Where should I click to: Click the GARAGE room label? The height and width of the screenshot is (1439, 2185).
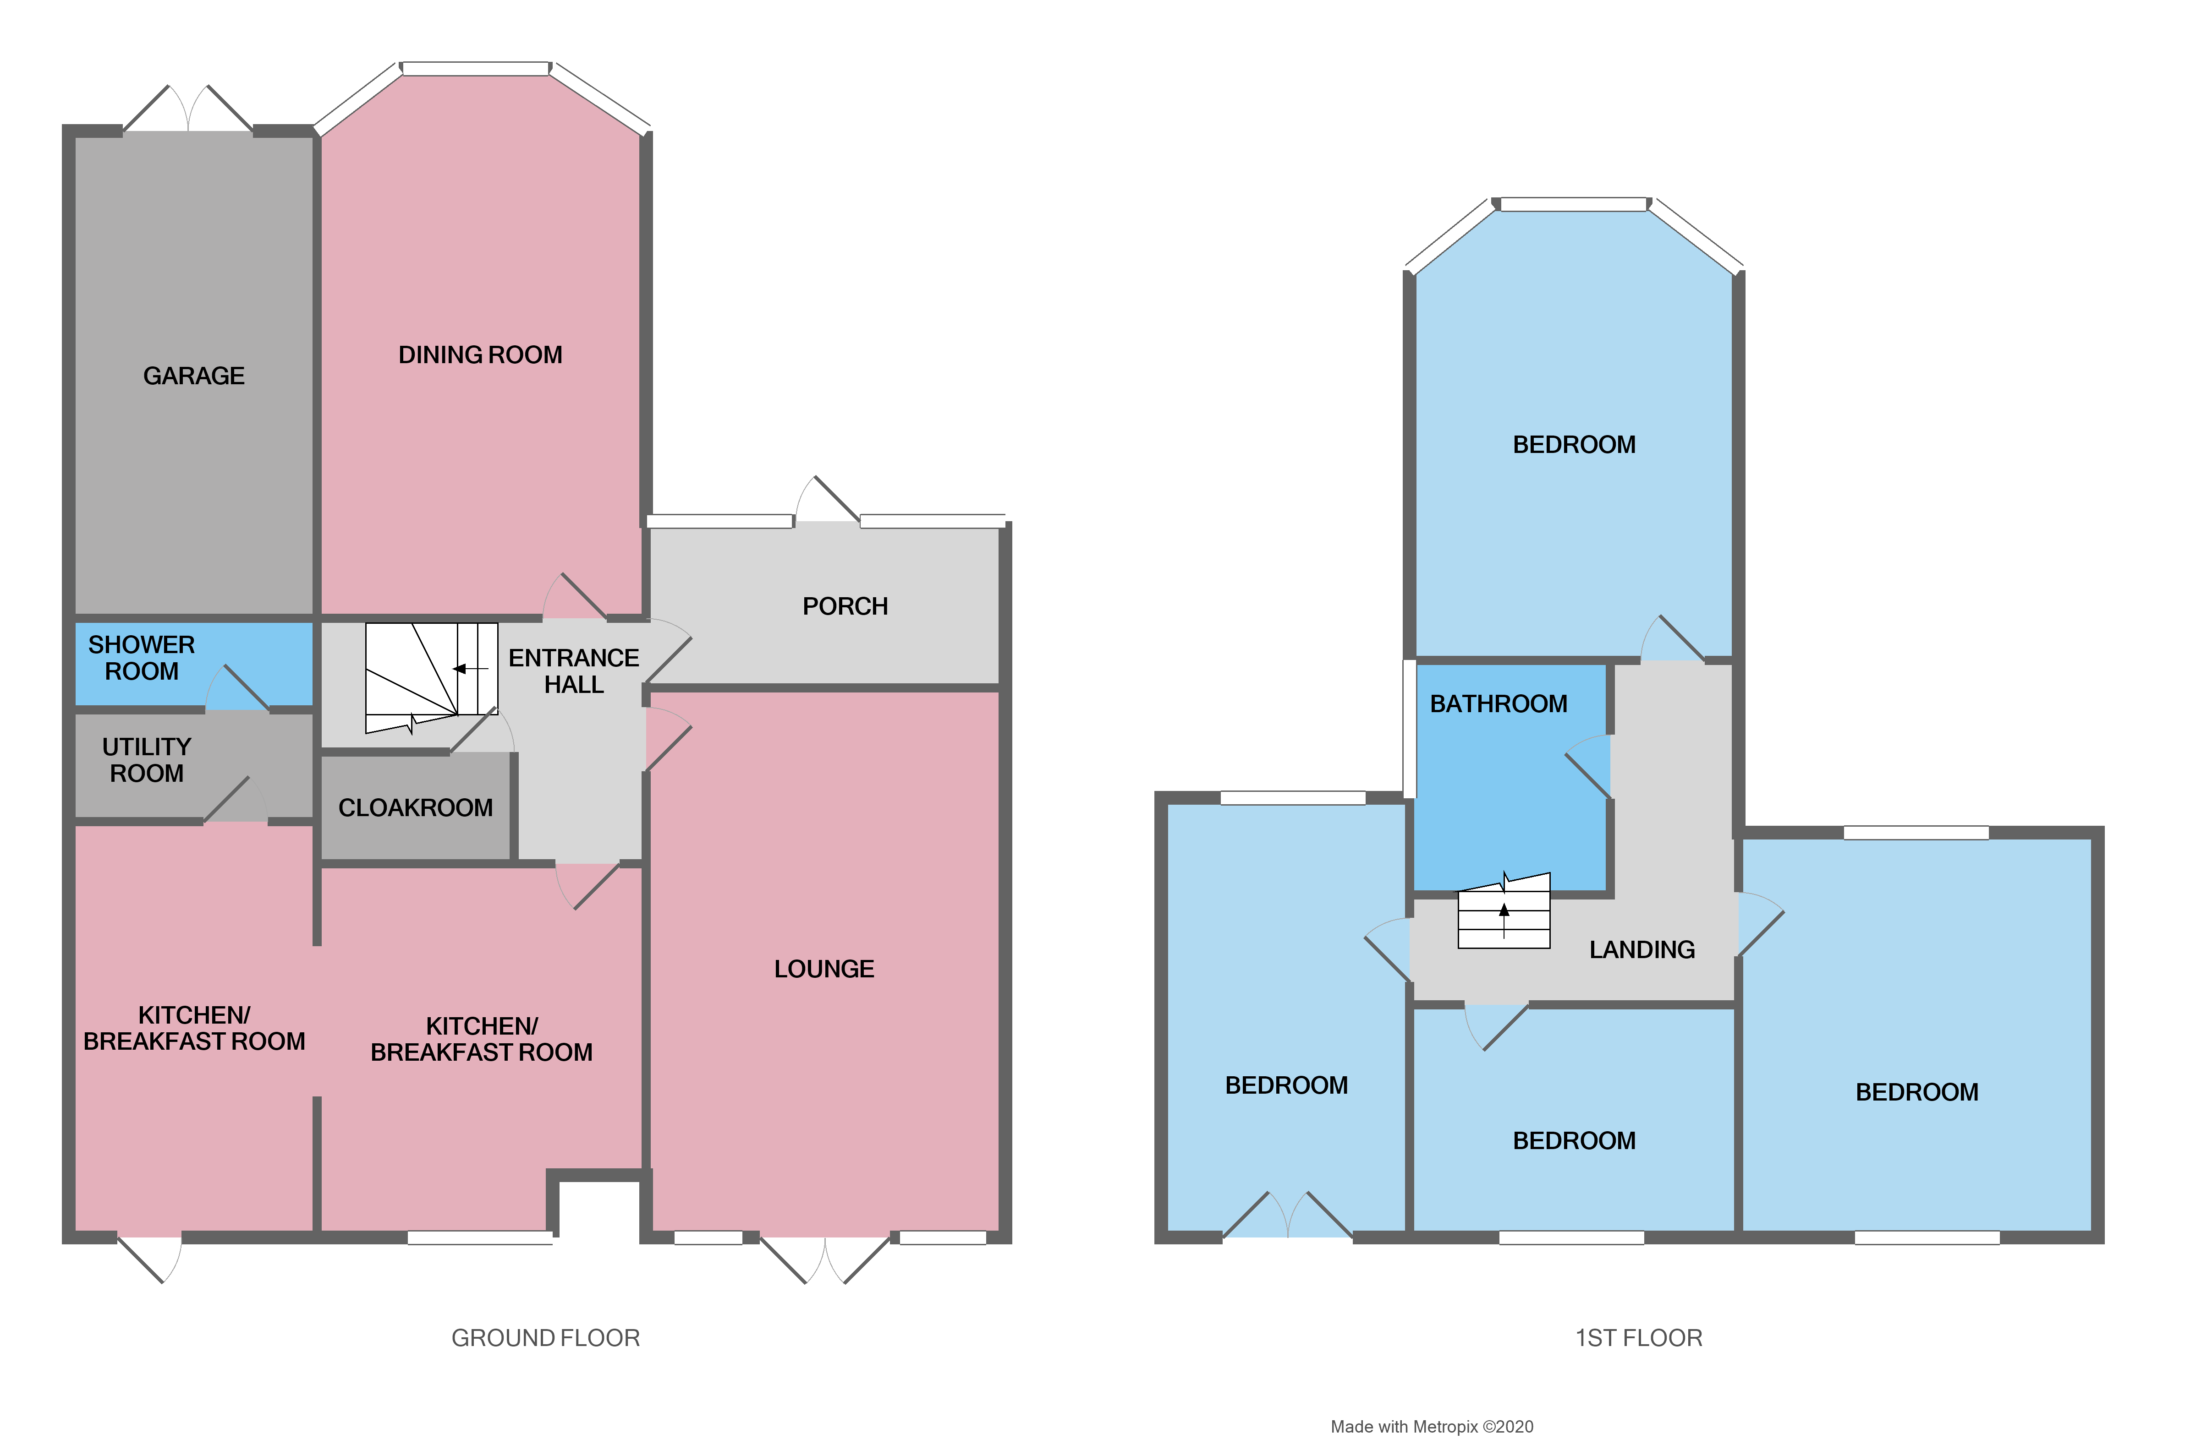(x=194, y=376)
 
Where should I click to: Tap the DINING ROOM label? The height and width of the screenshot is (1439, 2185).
(x=480, y=355)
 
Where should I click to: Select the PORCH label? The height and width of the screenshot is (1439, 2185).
(x=845, y=607)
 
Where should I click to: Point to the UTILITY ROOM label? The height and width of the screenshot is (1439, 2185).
(x=147, y=760)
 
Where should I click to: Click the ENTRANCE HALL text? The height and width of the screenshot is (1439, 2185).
(x=574, y=671)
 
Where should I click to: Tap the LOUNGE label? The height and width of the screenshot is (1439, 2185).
(x=823, y=969)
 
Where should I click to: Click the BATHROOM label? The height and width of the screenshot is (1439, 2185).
(x=1498, y=704)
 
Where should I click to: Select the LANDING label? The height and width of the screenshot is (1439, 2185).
(x=1641, y=950)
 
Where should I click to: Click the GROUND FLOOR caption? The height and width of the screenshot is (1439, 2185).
(x=545, y=1338)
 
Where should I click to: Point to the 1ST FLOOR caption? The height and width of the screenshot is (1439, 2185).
(x=1639, y=1338)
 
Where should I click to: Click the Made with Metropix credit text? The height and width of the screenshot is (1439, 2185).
(x=1431, y=1426)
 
